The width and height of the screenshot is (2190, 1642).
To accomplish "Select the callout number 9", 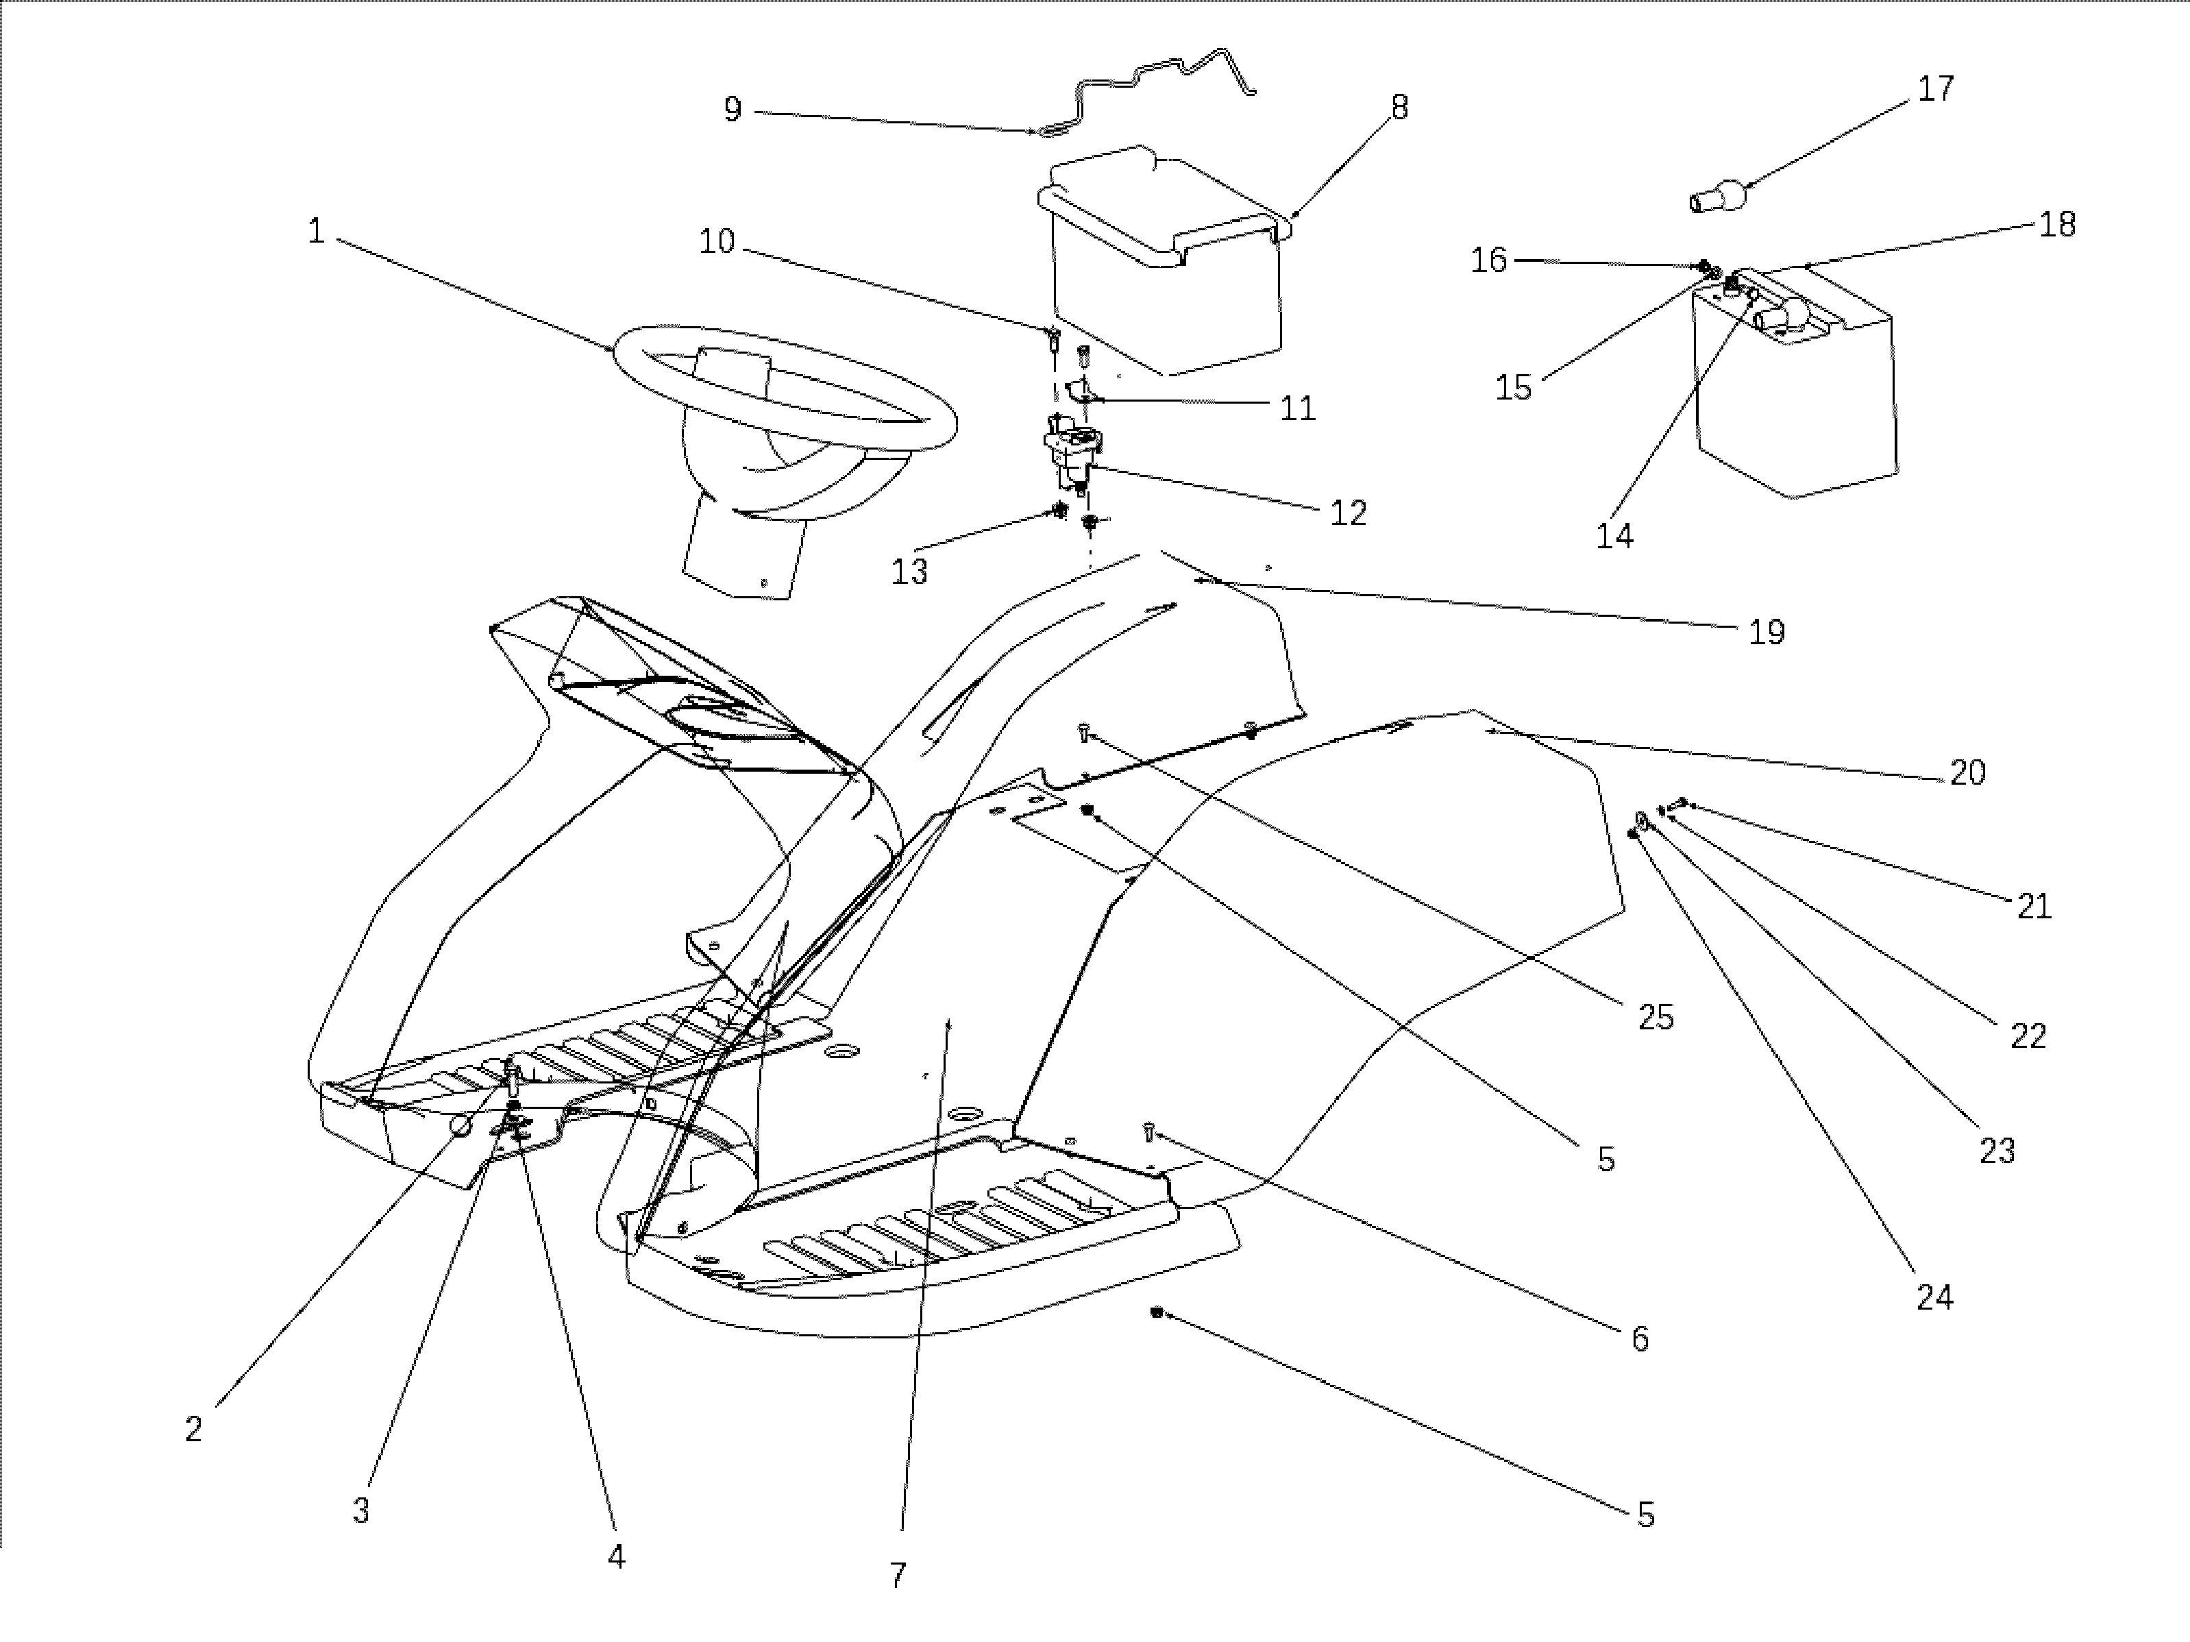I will tap(733, 109).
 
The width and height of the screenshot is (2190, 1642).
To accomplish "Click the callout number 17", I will tap(1936, 89).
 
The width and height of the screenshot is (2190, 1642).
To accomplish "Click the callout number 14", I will tap(1614, 536).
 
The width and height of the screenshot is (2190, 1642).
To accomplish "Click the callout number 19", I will tap(1767, 632).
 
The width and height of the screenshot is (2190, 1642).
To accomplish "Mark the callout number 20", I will tap(1968, 772).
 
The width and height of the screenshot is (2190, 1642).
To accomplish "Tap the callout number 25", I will tap(1656, 1017).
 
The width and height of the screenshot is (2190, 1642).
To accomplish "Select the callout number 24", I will tap(1934, 1297).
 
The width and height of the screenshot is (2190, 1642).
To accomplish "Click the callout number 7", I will tap(898, 1576).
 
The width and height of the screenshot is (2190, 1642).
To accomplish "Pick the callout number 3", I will tap(361, 1510).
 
